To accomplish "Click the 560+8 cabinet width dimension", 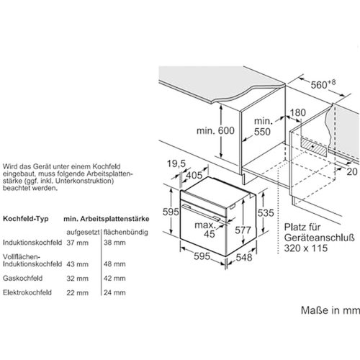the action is (x=323, y=84).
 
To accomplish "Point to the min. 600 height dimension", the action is (x=215, y=131).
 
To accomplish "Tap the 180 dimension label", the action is (x=298, y=112).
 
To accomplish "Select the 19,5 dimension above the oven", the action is (x=176, y=163).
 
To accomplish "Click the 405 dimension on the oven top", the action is (x=194, y=175).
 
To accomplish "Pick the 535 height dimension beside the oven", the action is (x=266, y=213).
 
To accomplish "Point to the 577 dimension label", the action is (x=243, y=230).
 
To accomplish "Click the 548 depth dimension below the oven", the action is (x=244, y=258).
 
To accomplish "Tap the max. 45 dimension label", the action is (x=206, y=230).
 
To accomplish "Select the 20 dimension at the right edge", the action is (x=352, y=171).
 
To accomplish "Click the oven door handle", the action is (x=201, y=212).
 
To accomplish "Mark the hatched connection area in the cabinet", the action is (x=314, y=147).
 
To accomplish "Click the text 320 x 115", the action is (x=306, y=248).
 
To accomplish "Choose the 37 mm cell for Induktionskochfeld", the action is (x=78, y=243).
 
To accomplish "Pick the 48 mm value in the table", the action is (x=114, y=264).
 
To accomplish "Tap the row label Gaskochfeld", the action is (x=23, y=278).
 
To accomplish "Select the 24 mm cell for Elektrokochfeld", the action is (x=114, y=292).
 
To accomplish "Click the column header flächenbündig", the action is (x=126, y=233).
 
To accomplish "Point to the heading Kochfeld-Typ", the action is (x=26, y=219).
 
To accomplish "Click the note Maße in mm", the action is (x=330, y=310).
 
